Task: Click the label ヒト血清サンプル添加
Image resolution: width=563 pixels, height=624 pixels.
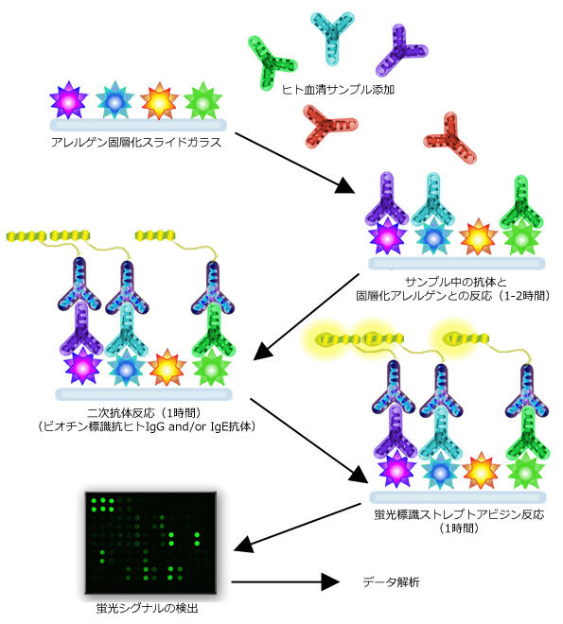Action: [338, 90]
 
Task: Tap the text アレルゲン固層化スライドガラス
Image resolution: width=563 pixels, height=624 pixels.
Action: [136, 142]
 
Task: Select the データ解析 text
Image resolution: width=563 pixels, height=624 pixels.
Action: [391, 582]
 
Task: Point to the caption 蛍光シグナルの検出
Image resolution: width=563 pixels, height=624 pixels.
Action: [147, 608]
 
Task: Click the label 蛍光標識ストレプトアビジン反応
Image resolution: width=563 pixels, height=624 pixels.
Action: [459, 514]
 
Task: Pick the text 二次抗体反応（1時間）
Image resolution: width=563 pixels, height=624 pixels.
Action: [144, 413]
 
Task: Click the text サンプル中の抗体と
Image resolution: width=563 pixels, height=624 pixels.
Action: [456, 282]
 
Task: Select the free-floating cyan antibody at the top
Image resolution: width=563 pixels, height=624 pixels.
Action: [332, 38]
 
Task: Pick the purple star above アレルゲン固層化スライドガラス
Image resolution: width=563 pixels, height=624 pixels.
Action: [68, 100]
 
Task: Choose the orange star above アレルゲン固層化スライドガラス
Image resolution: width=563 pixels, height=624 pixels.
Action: [159, 101]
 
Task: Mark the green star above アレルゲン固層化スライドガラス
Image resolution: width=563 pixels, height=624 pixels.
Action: [203, 101]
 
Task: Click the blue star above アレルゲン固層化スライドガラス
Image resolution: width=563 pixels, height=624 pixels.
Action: [114, 100]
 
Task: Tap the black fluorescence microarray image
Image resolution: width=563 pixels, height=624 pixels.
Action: [150, 543]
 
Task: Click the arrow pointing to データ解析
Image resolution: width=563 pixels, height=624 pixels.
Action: [285, 581]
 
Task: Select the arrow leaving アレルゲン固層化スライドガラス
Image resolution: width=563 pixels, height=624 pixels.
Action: [294, 164]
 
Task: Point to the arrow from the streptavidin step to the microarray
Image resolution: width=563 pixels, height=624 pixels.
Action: [297, 528]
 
